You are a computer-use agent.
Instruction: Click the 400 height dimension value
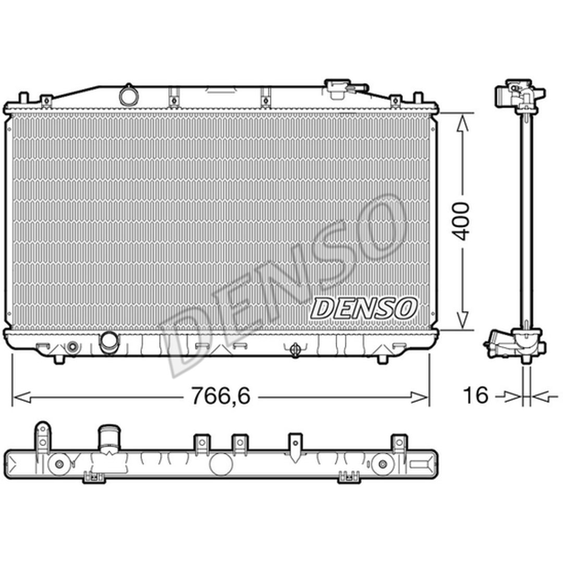(461, 221)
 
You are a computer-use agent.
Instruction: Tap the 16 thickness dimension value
(476, 395)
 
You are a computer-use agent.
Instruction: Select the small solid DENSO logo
(363, 308)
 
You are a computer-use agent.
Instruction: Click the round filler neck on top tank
(128, 95)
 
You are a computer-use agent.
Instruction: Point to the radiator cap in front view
(337, 88)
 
